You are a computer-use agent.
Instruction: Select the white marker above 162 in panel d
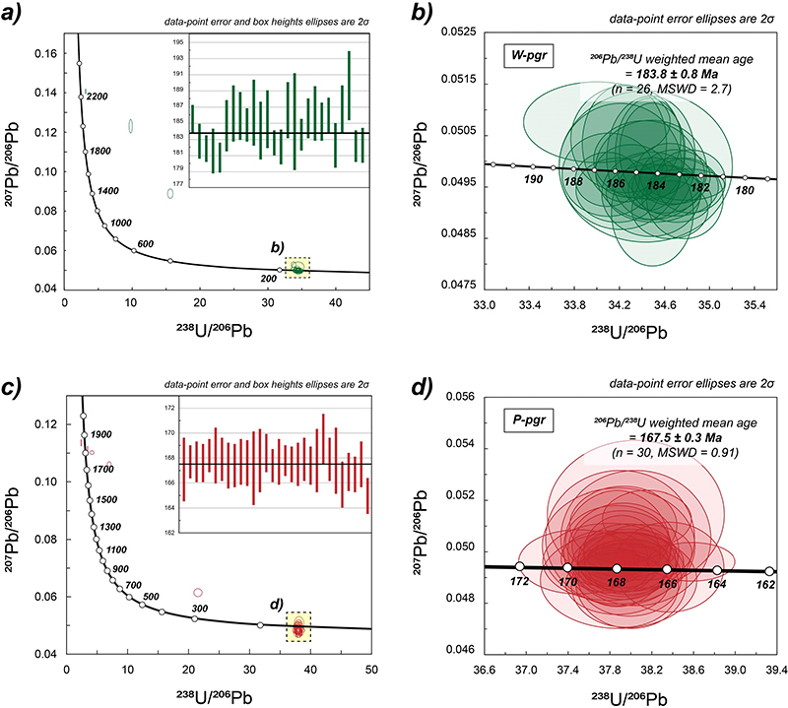[769, 571]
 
